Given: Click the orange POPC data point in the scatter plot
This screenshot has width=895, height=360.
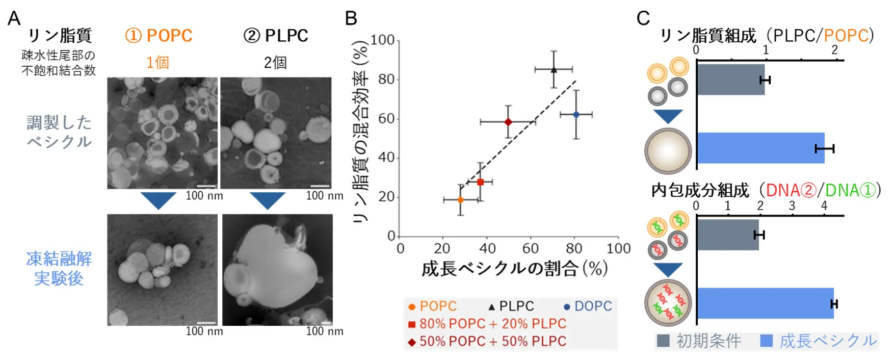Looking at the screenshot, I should click(461, 200).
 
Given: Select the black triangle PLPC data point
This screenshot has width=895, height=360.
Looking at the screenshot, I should click(554, 69).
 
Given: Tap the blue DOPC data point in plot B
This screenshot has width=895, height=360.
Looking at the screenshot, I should click(576, 115).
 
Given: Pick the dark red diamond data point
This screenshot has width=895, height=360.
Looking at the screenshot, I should click(508, 122).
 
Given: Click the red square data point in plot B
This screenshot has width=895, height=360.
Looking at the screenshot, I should click(480, 182).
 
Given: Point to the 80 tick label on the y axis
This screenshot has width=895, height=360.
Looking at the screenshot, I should click(386, 80).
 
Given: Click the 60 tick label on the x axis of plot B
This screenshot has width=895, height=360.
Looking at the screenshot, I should click(531, 248).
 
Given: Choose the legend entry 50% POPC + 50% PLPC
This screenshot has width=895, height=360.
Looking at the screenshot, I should click(487, 341).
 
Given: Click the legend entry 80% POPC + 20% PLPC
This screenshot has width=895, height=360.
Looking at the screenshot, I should click(487, 324).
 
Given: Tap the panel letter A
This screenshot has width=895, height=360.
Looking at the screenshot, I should click(14, 19).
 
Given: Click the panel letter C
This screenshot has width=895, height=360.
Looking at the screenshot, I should click(643, 19).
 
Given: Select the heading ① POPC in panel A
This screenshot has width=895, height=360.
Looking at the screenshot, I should click(159, 36).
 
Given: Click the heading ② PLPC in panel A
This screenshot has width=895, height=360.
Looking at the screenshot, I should click(276, 36).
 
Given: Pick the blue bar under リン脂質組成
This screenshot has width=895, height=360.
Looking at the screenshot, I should click(760, 148).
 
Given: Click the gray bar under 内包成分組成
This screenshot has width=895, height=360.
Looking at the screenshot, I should click(727, 235).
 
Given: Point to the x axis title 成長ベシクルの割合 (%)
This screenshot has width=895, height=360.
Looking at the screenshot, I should click(514, 269).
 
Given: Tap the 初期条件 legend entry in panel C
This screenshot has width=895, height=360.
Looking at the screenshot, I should click(699, 341).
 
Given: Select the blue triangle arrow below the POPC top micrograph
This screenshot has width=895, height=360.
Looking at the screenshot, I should click(158, 200).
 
